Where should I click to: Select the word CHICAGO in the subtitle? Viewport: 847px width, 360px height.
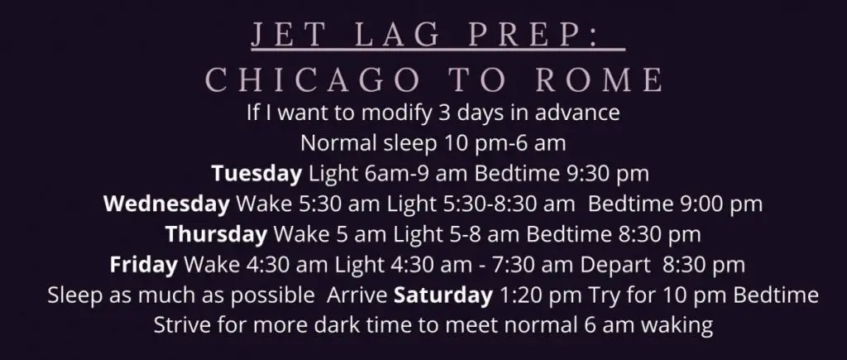tap(313, 80)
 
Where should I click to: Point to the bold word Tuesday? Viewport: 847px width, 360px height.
tap(256, 174)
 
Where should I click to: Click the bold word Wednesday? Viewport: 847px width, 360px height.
tap(166, 204)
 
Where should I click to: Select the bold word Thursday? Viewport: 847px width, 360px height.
tap(216, 234)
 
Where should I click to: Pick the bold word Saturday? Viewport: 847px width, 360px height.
tap(443, 295)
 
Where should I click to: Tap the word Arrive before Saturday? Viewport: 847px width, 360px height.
tap(357, 295)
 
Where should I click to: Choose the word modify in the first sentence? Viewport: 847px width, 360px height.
tap(396, 113)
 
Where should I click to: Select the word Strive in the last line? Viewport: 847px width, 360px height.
tap(182, 326)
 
